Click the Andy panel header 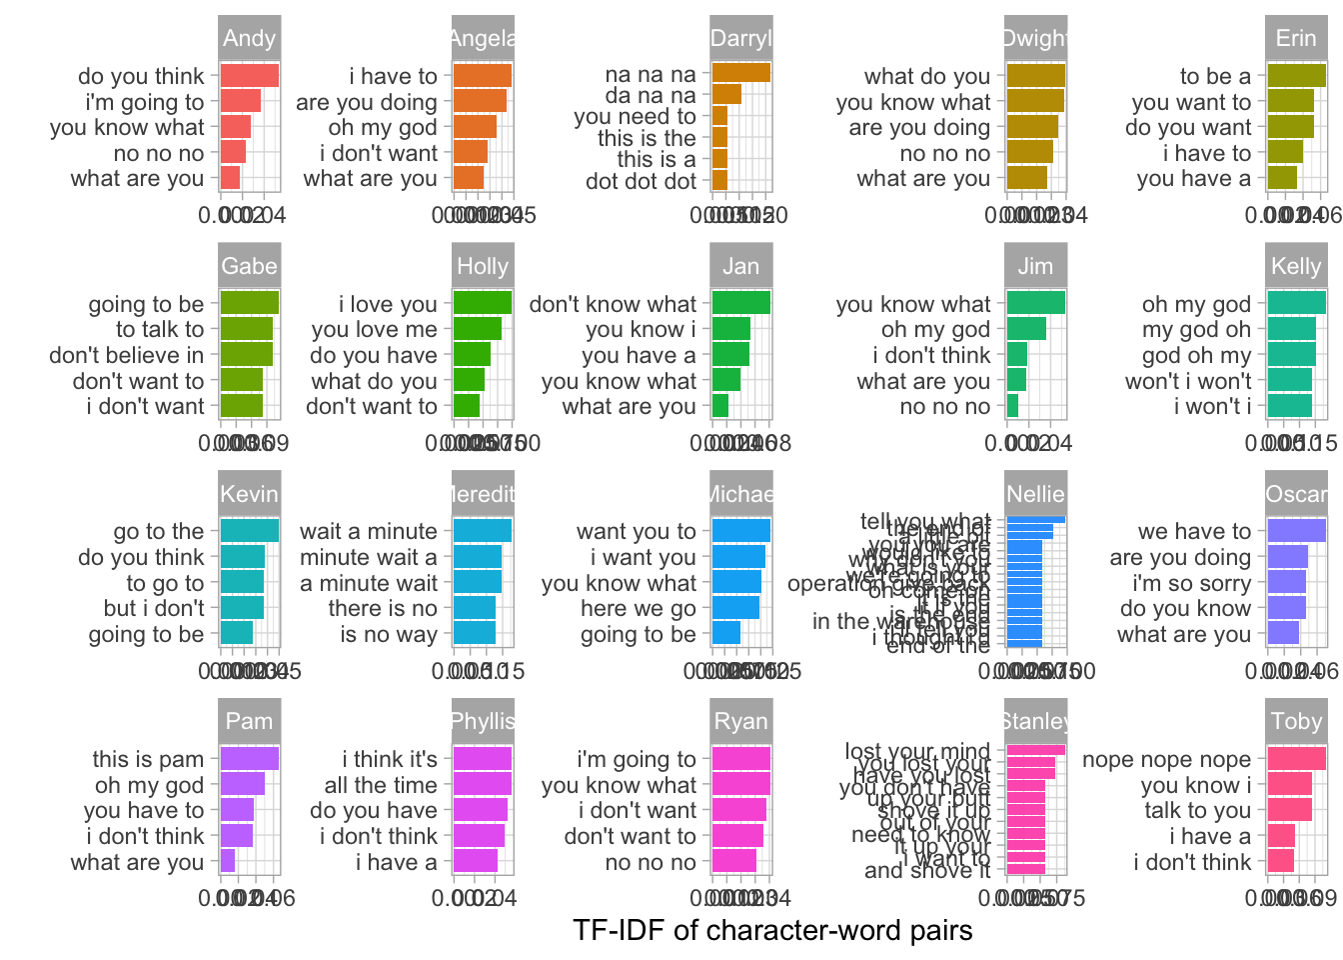click(249, 39)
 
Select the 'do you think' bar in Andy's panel click(249, 76)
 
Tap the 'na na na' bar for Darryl click(740, 73)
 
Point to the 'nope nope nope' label click(1166, 760)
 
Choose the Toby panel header click(1296, 722)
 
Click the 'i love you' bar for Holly click(483, 303)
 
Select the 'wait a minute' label click(368, 532)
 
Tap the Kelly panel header click(1296, 266)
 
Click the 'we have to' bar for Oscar click(1296, 531)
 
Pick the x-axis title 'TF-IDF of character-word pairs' click(772, 931)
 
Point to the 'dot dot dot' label click(641, 182)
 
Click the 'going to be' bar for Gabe click(249, 303)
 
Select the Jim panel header click(1035, 266)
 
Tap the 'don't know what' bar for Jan click(740, 303)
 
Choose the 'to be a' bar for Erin click(1296, 76)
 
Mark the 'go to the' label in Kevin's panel click(158, 532)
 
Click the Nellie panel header click(1035, 494)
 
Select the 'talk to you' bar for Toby click(1289, 810)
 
